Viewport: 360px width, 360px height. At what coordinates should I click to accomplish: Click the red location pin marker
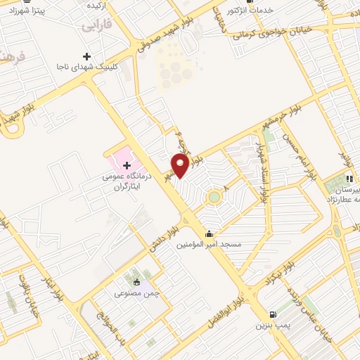(x=181, y=165)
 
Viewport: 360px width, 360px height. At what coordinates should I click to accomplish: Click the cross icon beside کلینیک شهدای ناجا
(x=87, y=56)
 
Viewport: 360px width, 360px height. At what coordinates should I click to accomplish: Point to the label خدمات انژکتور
(x=251, y=11)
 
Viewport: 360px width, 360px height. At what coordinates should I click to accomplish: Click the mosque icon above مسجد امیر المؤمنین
(x=209, y=234)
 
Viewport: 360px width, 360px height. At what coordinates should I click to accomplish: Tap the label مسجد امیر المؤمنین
(x=208, y=245)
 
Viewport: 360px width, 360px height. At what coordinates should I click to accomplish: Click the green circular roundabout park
(x=214, y=198)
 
